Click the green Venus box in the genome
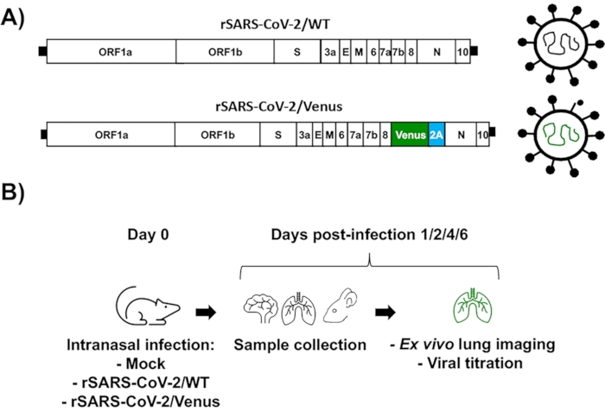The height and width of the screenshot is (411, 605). point(409,136)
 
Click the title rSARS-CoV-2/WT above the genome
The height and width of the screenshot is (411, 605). point(256,25)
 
